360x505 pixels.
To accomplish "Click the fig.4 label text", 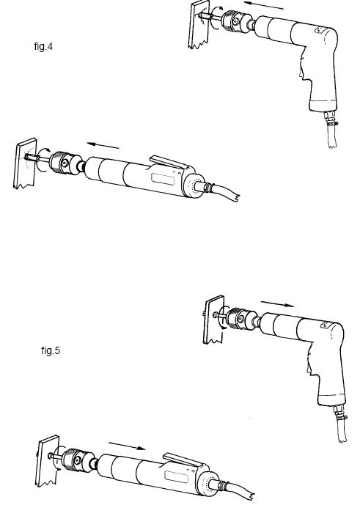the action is click(x=43, y=47).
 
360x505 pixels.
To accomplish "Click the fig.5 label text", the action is click(x=51, y=350).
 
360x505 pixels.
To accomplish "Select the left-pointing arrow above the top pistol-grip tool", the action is click(x=264, y=5).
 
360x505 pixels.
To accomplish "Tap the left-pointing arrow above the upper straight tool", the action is click(x=103, y=146).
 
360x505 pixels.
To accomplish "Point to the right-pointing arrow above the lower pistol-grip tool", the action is click(x=277, y=303).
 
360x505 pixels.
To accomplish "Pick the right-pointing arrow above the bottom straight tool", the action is click(x=127, y=446).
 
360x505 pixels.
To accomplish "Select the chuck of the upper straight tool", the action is click(x=66, y=163).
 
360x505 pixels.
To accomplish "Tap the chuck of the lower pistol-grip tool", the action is click(x=240, y=319).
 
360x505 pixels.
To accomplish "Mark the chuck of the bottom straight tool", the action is click(x=77, y=460).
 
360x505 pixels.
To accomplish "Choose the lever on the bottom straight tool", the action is click(x=183, y=460).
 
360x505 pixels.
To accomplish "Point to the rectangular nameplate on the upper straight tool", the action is click(x=163, y=179).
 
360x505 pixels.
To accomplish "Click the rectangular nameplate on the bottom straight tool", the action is click(x=176, y=477).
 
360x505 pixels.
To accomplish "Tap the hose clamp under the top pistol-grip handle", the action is click(x=331, y=122).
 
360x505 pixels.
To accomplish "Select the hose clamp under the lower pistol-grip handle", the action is click(x=341, y=418).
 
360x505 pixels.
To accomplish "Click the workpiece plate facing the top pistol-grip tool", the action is click(x=199, y=25).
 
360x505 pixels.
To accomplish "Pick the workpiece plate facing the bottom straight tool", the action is click(x=48, y=461).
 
